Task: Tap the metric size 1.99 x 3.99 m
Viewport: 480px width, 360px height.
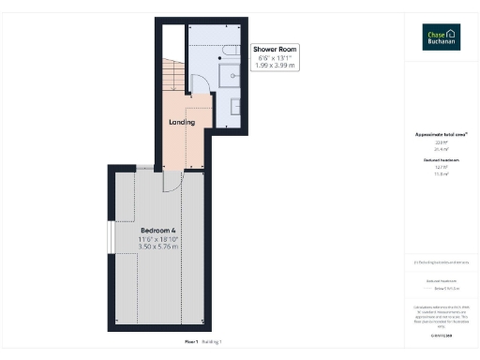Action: coord(275,67)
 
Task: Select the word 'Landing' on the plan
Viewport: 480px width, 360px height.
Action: coord(181,122)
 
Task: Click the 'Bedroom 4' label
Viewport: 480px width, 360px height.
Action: coord(158,230)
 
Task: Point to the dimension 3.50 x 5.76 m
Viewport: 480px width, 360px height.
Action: coord(158,248)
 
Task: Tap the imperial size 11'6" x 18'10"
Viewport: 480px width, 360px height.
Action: coord(158,239)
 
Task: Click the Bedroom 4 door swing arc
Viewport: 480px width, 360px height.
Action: coord(172,181)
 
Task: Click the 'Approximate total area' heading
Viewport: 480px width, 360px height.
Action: coord(441,134)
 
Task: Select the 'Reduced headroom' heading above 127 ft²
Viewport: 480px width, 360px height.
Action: coord(441,160)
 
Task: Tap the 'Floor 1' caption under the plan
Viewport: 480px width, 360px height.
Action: coord(191,342)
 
